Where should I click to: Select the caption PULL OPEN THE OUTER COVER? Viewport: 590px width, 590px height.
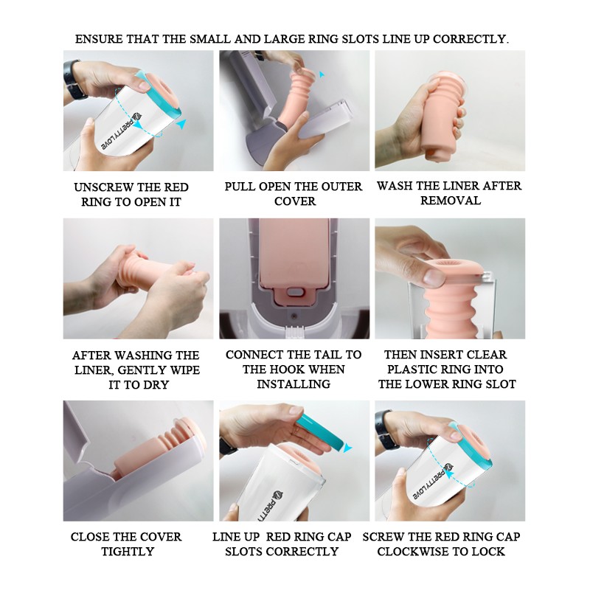294,193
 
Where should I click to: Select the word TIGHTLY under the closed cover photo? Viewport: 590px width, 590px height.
128,551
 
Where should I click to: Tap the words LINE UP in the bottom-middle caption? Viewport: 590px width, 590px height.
236,537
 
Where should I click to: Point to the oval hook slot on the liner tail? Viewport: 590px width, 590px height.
294,291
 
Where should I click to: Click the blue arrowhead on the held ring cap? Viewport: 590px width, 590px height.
348,447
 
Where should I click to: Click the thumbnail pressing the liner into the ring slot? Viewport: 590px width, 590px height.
433,277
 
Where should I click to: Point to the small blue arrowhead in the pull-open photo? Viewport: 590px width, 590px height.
322,74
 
